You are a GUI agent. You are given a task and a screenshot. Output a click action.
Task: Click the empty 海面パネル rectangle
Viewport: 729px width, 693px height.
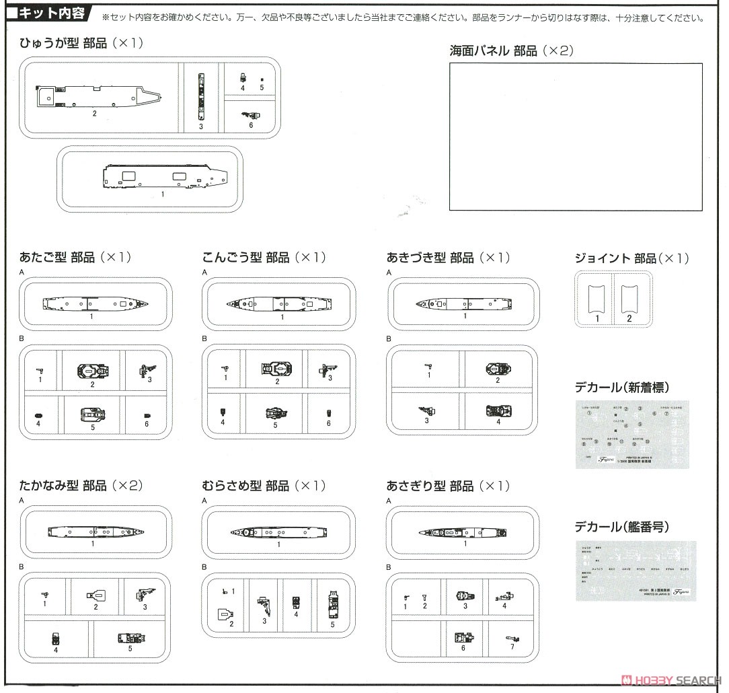(x=575, y=137)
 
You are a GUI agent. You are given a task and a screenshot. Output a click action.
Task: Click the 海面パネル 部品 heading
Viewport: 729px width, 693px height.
(x=511, y=51)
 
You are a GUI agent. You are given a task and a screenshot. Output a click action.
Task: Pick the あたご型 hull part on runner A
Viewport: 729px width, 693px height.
(x=95, y=304)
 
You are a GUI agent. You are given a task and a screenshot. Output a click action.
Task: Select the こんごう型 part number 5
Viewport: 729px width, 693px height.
(x=274, y=413)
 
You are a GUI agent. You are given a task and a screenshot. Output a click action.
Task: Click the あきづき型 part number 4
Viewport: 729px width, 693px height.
(x=498, y=411)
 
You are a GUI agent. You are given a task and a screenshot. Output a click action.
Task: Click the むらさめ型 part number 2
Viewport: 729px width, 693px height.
(x=225, y=614)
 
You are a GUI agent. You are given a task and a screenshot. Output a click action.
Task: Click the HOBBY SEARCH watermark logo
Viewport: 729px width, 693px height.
(x=673, y=680)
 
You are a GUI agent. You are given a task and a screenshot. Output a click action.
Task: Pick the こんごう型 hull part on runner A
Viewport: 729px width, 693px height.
(x=277, y=305)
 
